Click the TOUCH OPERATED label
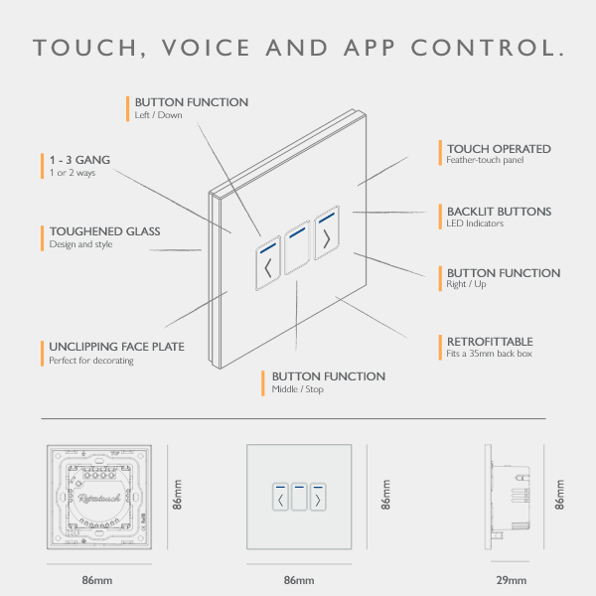[498, 149]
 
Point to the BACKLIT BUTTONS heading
[499, 212]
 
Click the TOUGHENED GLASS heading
[104, 231]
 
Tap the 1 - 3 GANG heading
[79, 160]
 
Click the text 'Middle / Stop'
[297, 389]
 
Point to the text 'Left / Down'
[158, 115]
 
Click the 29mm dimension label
[511, 580]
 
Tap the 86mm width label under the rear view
[96, 580]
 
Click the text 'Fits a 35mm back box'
[490, 354]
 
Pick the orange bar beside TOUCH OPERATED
[437, 153]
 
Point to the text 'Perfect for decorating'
[90, 361]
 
